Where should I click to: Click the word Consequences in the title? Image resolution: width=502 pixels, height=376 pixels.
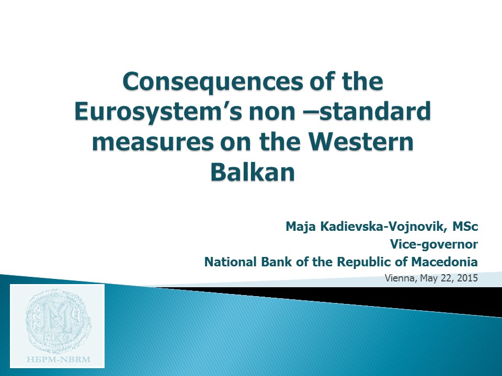point(212,82)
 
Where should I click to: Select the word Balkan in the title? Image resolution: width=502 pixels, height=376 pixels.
point(253,172)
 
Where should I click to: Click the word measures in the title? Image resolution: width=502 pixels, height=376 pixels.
point(153,143)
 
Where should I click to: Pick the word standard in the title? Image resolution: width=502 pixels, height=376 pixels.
point(375,111)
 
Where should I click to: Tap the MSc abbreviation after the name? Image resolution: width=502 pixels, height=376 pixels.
point(465,227)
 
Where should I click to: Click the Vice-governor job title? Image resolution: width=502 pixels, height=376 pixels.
point(434,244)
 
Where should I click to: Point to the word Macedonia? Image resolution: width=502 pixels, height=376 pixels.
point(444,262)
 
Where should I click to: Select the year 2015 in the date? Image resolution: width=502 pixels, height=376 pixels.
point(467,278)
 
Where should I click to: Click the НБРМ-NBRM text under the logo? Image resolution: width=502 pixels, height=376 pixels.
point(58,360)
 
